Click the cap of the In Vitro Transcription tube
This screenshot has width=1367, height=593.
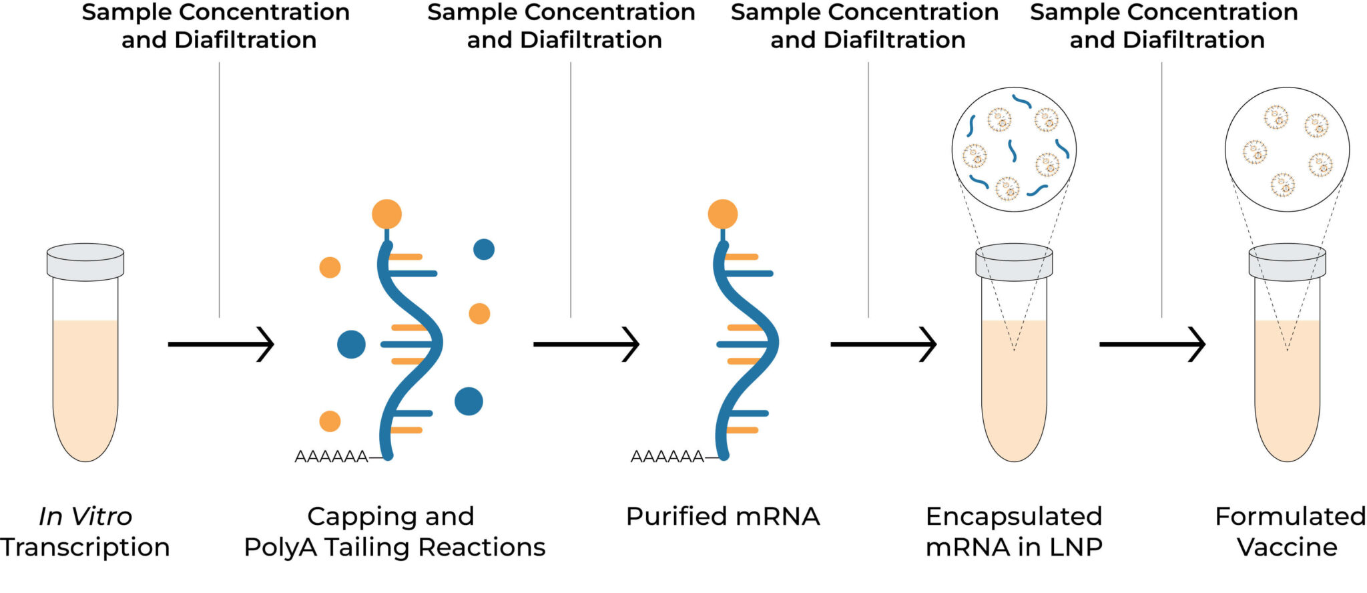tap(85, 262)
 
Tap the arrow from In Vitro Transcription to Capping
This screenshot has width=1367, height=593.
tap(220, 345)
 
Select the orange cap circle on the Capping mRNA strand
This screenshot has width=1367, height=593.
tap(386, 214)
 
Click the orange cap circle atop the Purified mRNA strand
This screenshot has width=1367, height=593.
tap(722, 214)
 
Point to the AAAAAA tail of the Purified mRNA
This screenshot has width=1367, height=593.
tap(667, 457)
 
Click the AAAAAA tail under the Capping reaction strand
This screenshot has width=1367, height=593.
tap(332, 457)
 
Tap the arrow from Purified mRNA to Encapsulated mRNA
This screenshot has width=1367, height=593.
tap(882, 345)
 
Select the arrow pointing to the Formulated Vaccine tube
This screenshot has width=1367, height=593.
tap(1151, 345)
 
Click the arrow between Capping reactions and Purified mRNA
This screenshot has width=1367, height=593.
tap(585, 345)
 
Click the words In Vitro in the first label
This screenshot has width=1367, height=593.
tap(85, 516)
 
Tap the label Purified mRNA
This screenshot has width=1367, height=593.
tap(722, 516)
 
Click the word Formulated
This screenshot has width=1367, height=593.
tap(1290, 516)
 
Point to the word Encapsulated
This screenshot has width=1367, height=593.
tap(1013, 516)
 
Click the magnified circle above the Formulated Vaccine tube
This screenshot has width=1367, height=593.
tap(1286, 150)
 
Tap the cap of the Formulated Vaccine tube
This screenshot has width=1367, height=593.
tap(1287, 262)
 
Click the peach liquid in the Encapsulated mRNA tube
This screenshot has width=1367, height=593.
tap(1014, 401)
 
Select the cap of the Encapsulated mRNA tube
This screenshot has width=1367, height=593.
tap(1014, 262)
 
